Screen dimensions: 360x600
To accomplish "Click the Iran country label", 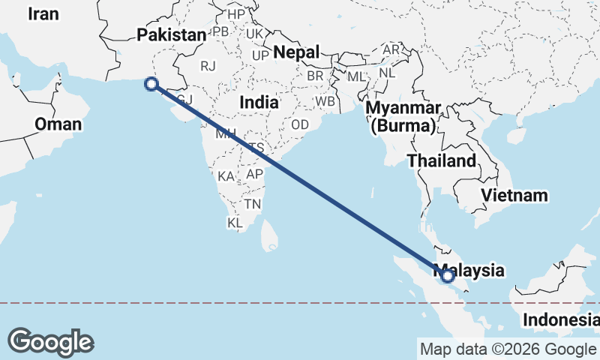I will (44, 13).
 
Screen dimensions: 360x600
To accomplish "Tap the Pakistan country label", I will (171, 35).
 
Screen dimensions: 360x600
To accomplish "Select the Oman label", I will (58, 124).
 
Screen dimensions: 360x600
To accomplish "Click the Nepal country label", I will (296, 52).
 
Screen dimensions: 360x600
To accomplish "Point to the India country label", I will (259, 101).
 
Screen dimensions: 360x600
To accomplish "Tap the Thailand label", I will (441, 160).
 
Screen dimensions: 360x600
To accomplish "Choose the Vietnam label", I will (515, 196).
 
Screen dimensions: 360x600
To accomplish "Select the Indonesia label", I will (561, 320).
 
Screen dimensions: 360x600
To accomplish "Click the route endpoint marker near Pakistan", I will (152, 85).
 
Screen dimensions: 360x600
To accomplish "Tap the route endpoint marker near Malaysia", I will (448, 276).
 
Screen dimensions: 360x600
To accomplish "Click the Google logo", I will (51, 342).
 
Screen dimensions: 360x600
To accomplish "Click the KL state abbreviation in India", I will (235, 223).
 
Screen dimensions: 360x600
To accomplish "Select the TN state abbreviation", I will (252, 204).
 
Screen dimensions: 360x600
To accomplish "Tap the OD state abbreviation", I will (300, 124).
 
